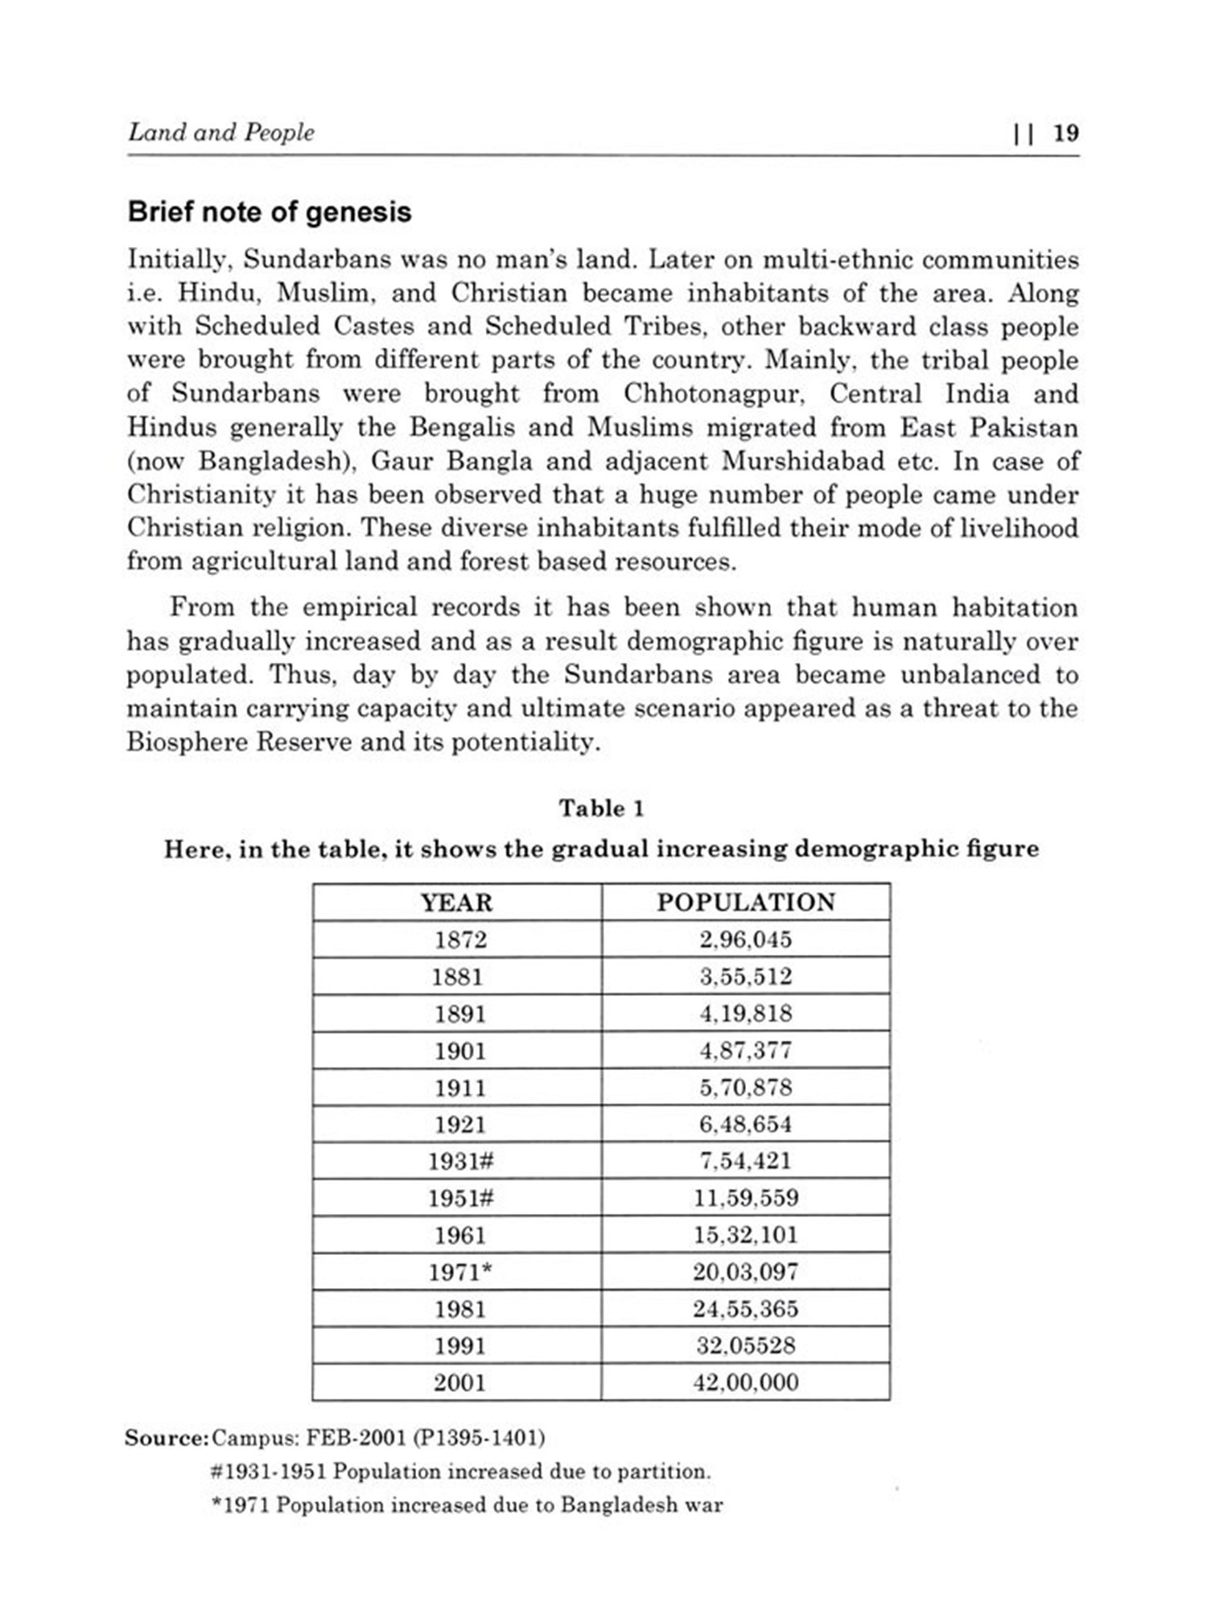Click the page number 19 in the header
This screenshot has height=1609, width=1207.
[x=1065, y=133]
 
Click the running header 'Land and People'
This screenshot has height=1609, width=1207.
[x=221, y=133]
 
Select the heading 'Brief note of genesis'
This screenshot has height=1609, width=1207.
[x=270, y=212]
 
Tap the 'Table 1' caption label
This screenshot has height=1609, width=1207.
[x=602, y=808]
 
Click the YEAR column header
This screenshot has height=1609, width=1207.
[x=456, y=903]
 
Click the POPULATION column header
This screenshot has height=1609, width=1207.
[x=746, y=903]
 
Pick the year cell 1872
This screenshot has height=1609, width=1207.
[x=460, y=940]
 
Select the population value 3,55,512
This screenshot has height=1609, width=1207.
[x=746, y=977]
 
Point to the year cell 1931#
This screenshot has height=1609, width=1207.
[x=460, y=1162]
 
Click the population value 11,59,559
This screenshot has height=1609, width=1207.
[x=746, y=1199]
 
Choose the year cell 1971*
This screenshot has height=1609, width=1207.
[x=460, y=1273]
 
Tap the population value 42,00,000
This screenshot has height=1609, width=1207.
[x=746, y=1384]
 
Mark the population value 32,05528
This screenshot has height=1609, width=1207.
[x=746, y=1346]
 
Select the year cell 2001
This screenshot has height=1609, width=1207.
[x=460, y=1384]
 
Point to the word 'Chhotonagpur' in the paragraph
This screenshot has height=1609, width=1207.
[x=718, y=394]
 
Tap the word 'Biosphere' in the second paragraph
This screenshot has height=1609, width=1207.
[x=187, y=742]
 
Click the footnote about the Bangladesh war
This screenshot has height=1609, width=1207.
[x=467, y=1505]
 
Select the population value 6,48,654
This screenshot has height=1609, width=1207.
[x=746, y=1125]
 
